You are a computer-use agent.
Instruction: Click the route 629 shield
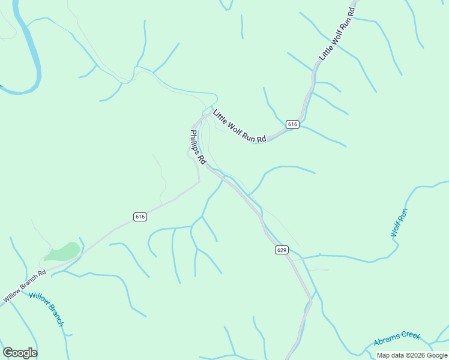tap(282, 250)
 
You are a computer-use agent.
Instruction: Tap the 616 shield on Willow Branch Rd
tap(140, 217)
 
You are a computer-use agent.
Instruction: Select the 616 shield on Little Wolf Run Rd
tap(292, 124)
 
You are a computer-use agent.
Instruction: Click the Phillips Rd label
tap(198, 148)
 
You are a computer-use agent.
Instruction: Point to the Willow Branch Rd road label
tap(25, 286)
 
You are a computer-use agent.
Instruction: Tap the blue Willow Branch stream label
tap(46, 309)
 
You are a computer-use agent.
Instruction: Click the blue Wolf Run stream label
tap(399, 223)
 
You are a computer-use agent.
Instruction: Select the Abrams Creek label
tap(397, 340)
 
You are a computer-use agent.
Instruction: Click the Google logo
tap(20, 353)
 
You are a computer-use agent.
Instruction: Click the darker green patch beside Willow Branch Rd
tap(62, 252)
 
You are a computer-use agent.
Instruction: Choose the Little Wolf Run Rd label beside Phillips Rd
tap(239, 126)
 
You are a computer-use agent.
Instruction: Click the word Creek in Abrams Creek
tap(410, 337)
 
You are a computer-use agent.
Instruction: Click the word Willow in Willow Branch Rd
tap(13, 294)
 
